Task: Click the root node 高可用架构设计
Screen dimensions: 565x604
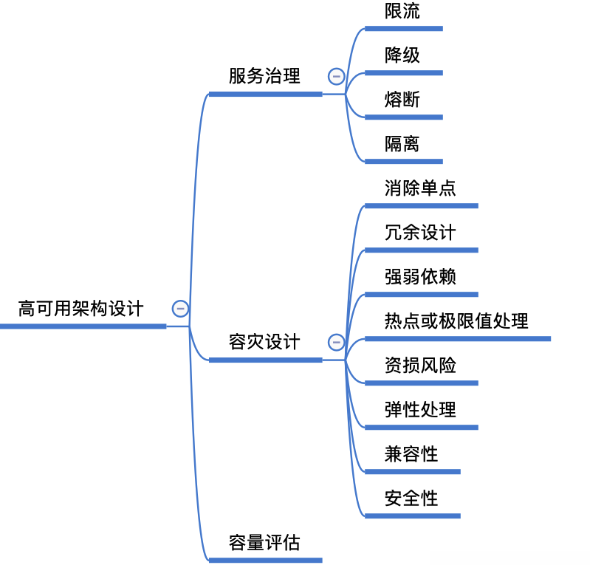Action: pos(81,309)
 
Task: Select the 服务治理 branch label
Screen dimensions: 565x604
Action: pos(264,76)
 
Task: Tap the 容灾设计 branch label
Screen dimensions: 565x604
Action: pos(264,342)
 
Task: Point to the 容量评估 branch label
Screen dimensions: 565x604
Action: pos(264,543)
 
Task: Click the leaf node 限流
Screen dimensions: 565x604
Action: pos(402,11)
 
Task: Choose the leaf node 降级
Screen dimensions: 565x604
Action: pos(402,55)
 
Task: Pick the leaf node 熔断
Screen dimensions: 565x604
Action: pos(402,100)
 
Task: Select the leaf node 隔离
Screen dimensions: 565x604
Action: pos(402,144)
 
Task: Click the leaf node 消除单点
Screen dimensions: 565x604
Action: pos(420,188)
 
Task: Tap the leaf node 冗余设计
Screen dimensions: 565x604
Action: pos(420,233)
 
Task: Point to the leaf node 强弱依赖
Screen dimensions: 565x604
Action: pos(420,277)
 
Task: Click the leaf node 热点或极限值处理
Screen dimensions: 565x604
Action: pos(456,321)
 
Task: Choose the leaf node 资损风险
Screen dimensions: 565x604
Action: pos(420,366)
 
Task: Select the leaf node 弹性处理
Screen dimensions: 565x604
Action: pos(420,410)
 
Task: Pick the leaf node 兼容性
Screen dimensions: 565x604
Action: pos(411,454)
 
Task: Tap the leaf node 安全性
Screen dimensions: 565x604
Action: pos(411,499)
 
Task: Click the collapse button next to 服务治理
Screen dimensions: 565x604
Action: pos(337,76)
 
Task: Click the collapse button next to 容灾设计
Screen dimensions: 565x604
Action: pos(337,342)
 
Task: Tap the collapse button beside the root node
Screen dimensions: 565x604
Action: pos(180,309)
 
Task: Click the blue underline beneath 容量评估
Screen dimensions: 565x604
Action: pos(265,560)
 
